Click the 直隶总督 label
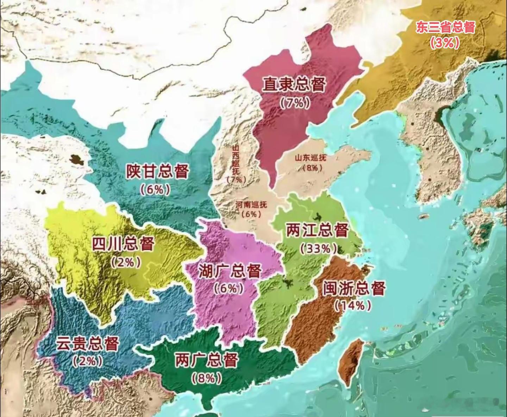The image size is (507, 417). tap(294, 85)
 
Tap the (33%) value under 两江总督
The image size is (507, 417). tap(316, 249)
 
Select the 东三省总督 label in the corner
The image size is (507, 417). tap(445, 27)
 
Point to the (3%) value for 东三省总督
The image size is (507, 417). tap(444, 43)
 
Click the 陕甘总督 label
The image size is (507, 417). tap(157, 171)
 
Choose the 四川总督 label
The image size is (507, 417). tap(123, 244)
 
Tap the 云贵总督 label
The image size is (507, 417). tap(87, 344)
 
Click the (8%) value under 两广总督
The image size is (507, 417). tap(207, 378)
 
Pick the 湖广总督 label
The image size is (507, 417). tap(230, 271)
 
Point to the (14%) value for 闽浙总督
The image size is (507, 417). tap(353, 305)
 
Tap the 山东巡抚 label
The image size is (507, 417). tap(310, 158)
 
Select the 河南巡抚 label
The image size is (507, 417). tap(251, 204)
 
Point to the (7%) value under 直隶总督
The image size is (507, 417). tap(295, 102)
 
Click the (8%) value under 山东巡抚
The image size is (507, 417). tap(312, 168)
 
